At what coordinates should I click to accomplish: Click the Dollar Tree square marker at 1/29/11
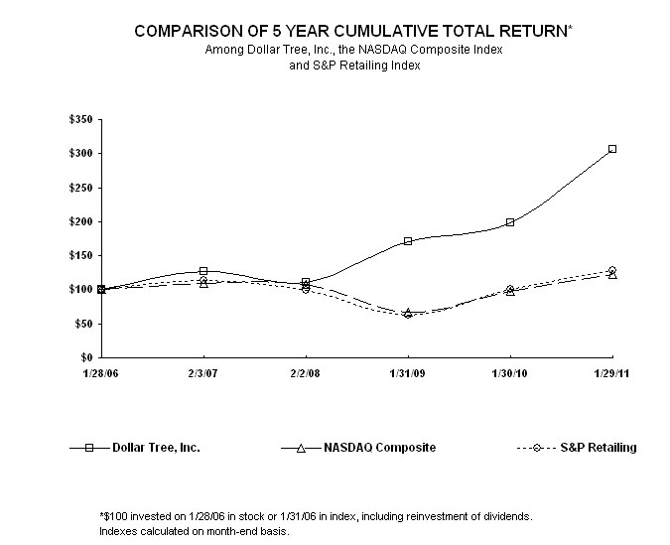click(x=612, y=149)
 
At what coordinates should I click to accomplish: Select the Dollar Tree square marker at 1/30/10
click(x=510, y=222)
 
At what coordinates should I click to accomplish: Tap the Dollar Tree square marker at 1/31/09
click(x=408, y=241)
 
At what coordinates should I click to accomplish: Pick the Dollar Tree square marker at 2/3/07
click(x=203, y=271)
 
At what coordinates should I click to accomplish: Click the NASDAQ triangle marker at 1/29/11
click(x=612, y=275)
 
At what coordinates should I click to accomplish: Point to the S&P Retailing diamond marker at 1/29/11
click(x=612, y=270)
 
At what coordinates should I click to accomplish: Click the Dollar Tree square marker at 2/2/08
click(x=306, y=283)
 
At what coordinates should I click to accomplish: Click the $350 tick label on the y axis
click(x=81, y=119)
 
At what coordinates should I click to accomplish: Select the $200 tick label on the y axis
click(x=81, y=221)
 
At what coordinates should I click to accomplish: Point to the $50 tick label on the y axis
click(x=84, y=324)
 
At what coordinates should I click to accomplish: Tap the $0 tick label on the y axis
click(x=87, y=357)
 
